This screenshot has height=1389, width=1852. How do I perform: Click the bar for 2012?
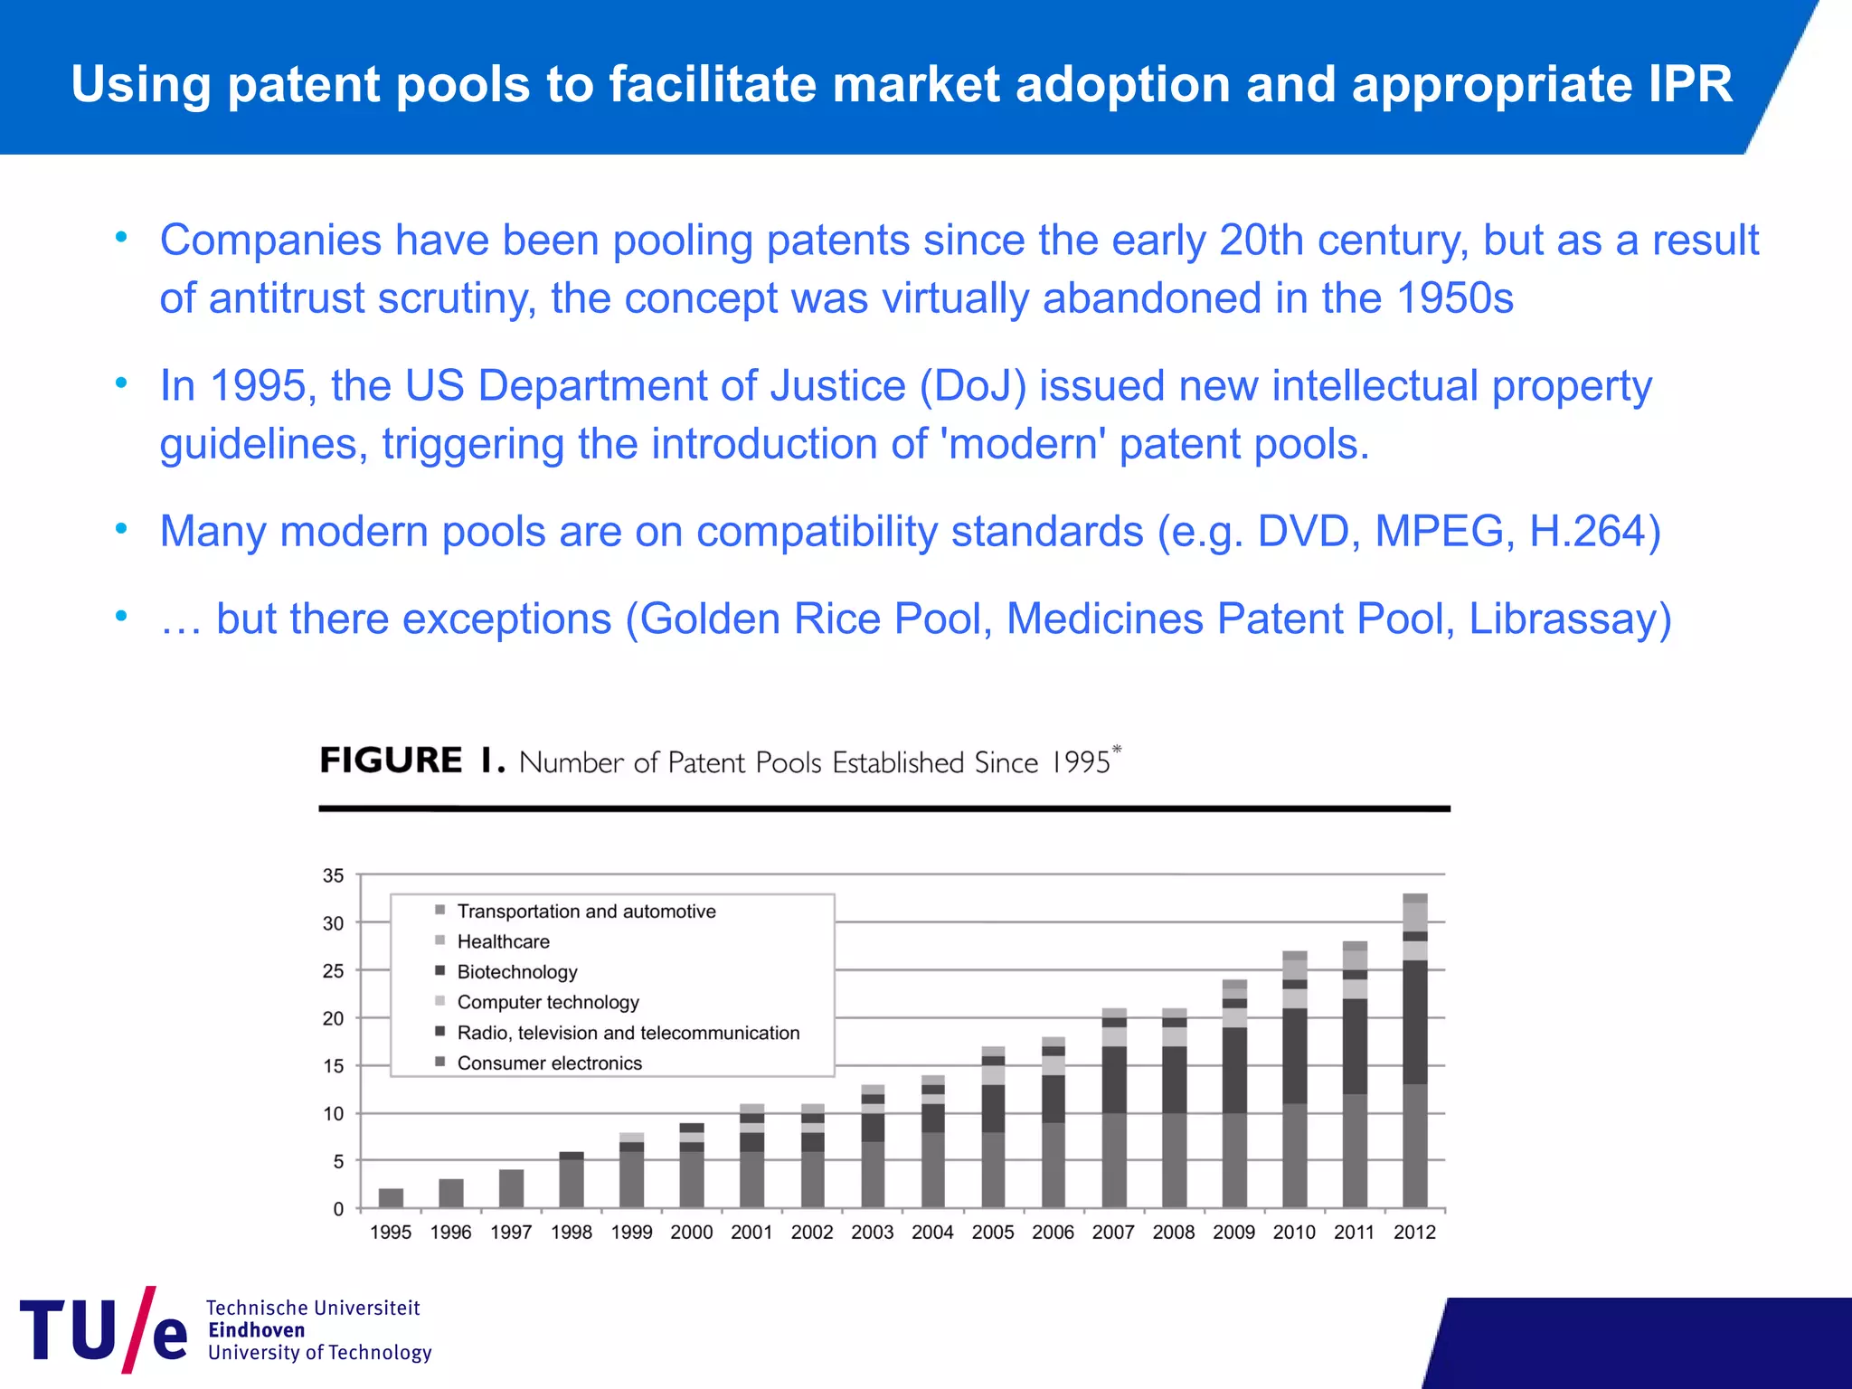pos(1414,1051)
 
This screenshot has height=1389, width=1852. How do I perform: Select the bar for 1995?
pos(391,1198)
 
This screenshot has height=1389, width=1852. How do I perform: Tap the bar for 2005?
pos(993,1127)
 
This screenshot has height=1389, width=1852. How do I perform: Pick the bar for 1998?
pos(572,1179)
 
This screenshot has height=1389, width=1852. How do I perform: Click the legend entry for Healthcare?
pos(503,941)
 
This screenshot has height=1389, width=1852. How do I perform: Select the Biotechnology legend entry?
pos(516,972)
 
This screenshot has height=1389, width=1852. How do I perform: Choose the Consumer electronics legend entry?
pos(549,1063)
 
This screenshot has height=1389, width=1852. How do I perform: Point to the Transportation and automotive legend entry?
pos(586,912)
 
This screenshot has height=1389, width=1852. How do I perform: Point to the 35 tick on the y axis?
pos(334,875)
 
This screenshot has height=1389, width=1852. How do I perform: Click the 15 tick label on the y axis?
pos(334,1066)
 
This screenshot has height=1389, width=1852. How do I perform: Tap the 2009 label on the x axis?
pos(1233,1232)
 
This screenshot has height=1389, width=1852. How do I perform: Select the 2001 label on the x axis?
pos(751,1232)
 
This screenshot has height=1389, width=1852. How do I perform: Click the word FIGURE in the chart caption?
pos(391,761)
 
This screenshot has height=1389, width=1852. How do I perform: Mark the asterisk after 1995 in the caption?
pos(1117,750)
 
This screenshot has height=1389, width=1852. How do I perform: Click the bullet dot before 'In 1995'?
pos(121,383)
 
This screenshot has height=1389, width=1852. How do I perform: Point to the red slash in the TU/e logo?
pos(139,1328)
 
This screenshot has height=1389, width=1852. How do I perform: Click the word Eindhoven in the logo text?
pos(257,1330)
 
